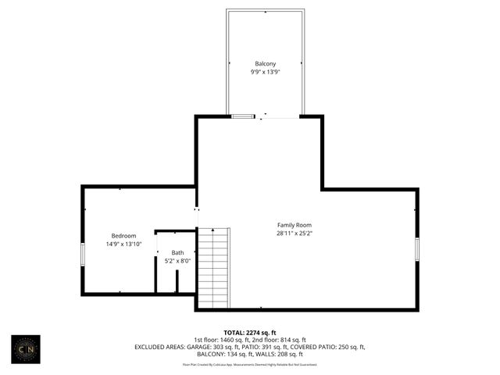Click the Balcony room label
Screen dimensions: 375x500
pyautogui.click(x=265, y=63)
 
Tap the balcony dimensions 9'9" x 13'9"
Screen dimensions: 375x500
pyautogui.click(x=265, y=71)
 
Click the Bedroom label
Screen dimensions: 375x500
pyautogui.click(x=123, y=236)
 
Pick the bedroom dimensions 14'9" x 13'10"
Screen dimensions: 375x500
pyautogui.click(x=123, y=244)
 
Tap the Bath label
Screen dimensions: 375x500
pyautogui.click(x=178, y=252)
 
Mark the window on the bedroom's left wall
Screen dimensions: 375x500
pyautogui.click(x=83, y=255)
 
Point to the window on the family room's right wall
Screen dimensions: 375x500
pyautogui.click(x=417, y=248)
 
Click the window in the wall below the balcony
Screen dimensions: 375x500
pyautogui.click(x=243, y=116)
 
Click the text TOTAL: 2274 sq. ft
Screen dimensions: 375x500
pyautogui.click(x=250, y=332)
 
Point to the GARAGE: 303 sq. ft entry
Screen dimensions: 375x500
pyautogui.click(x=212, y=346)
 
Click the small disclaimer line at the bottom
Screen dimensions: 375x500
pyautogui.click(x=250, y=364)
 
